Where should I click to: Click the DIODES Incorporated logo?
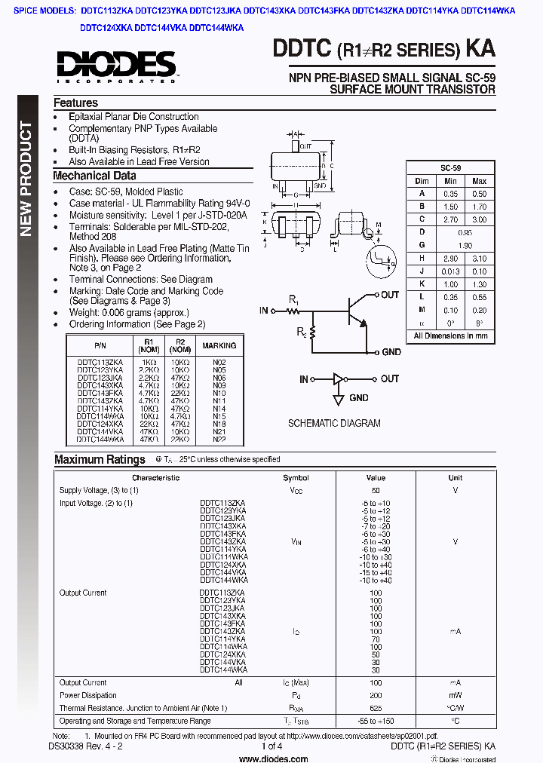tap(115, 66)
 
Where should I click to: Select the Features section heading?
tap(75, 103)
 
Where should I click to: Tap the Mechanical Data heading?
tap(94, 176)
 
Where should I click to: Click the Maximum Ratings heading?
tap(100, 459)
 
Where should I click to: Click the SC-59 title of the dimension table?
tap(450, 168)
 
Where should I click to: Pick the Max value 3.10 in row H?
tap(479, 258)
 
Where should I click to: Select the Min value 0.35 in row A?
tap(451, 194)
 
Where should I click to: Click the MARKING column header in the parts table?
tap(219, 345)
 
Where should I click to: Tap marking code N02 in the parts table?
tap(219, 362)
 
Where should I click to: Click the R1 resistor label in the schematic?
tap(293, 299)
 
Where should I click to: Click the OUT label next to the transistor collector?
tap(390, 295)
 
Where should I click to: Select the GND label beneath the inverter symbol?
tap(358, 397)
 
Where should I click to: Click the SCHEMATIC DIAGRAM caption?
tap(334, 423)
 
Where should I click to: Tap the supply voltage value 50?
tap(376, 490)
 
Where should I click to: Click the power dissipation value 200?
tap(376, 695)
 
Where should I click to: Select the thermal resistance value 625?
tap(376, 708)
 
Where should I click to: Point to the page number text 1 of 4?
tap(271, 746)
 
